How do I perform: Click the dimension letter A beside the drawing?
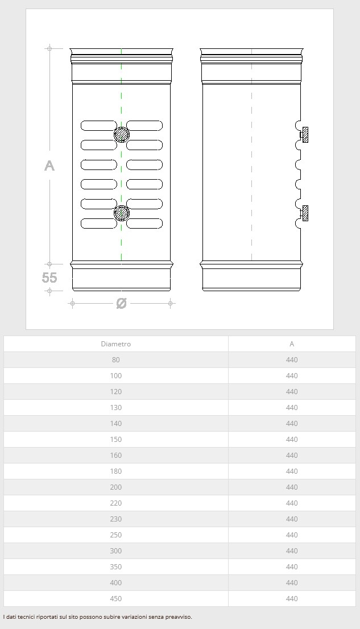[49, 165]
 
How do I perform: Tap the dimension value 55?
[49, 278]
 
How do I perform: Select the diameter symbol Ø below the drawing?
[121, 303]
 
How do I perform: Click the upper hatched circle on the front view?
[122, 134]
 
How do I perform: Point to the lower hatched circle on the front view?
[122, 213]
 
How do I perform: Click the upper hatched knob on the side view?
[305, 135]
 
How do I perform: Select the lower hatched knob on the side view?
[305, 213]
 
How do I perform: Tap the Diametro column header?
[116, 344]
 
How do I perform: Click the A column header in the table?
[292, 344]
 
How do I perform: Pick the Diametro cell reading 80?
[116, 360]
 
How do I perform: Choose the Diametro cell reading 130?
[116, 408]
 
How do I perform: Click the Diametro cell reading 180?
[116, 471]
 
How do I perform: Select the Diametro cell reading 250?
[116, 535]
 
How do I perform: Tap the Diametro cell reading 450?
[116, 598]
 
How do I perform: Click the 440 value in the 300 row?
[292, 551]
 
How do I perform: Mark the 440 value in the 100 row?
[292, 376]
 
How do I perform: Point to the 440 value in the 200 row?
[292, 487]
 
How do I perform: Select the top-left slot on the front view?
[99, 126]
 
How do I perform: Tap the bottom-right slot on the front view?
[144, 224]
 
